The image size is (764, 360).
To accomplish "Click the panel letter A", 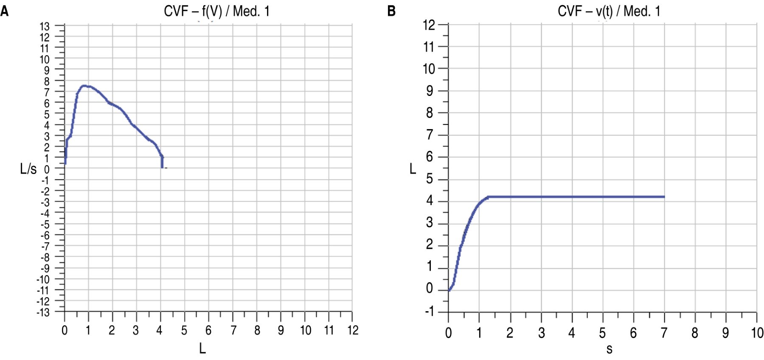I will (x=4, y=11).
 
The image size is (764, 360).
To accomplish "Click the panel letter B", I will (x=391, y=11).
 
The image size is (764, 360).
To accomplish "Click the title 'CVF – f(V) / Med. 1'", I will (x=216, y=11).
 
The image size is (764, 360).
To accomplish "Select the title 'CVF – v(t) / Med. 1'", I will (x=609, y=11).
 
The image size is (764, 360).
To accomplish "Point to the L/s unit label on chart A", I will (x=28, y=169).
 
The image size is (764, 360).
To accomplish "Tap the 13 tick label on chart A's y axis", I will (x=45, y=26).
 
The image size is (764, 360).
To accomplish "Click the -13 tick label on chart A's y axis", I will (x=43, y=312).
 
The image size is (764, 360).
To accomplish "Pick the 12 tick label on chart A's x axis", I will (x=353, y=330).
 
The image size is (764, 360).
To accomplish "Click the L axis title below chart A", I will (x=202, y=349).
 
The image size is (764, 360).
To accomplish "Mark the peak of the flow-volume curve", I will (x=84, y=86).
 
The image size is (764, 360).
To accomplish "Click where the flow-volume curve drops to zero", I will (x=162, y=168).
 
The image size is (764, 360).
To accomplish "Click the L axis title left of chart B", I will (x=413, y=169).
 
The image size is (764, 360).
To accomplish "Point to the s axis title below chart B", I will (x=609, y=349).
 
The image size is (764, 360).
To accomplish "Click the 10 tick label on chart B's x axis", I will (x=757, y=333).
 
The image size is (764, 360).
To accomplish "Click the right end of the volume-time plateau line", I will (x=664, y=197).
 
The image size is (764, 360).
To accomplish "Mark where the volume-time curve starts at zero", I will (x=449, y=290).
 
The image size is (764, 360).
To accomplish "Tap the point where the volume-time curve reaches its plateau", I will (x=488, y=197).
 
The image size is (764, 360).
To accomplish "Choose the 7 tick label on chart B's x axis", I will (x=664, y=333).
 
